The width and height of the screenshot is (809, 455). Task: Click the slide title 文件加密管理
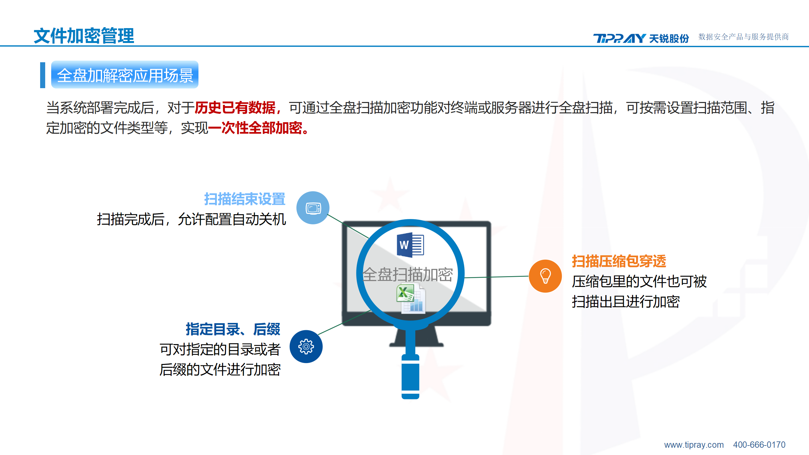(x=84, y=36)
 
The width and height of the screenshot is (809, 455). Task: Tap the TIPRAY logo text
(x=619, y=38)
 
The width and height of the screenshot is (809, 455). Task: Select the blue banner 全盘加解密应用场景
(x=125, y=75)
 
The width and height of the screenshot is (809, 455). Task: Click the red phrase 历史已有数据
(x=235, y=108)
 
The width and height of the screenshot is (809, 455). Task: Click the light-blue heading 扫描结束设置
(x=245, y=199)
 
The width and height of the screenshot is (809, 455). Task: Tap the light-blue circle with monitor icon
(x=313, y=208)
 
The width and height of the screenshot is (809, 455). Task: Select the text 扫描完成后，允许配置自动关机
(x=192, y=219)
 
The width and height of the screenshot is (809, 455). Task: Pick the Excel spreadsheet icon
(x=411, y=299)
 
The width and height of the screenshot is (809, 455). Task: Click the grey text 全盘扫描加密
(x=408, y=274)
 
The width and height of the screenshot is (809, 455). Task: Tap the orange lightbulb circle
(x=545, y=276)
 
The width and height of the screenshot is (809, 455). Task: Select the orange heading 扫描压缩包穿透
(x=619, y=261)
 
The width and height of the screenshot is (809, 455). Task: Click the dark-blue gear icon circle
(x=306, y=347)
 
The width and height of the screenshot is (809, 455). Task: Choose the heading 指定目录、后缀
(x=233, y=329)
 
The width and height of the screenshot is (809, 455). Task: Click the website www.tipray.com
(x=694, y=445)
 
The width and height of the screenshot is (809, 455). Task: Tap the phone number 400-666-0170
(x=759, y=445)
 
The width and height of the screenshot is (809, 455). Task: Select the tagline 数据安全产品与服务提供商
(x=744, y=37)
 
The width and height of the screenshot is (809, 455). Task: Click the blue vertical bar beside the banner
(x=43, y=75)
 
